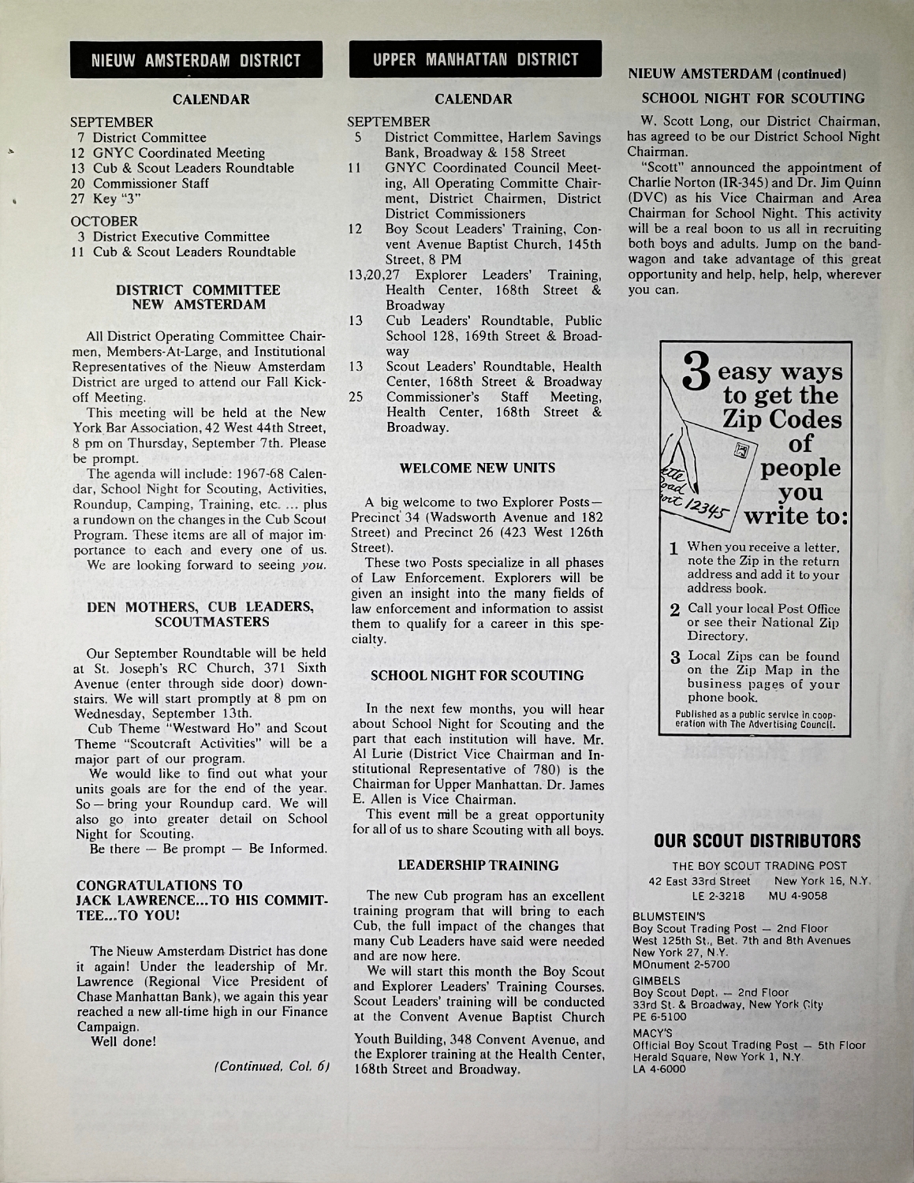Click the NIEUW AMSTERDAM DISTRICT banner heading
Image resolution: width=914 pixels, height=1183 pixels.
[x=196, y=60]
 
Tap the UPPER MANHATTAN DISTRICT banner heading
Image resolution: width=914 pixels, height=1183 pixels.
[x=476, y=59]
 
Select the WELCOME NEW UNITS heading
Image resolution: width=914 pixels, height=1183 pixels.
[x=477, y=468]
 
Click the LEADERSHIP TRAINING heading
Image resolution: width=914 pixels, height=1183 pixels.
[x=478, y=865]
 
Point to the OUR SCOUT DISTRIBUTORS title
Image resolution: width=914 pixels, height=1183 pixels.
[x=757, y=842]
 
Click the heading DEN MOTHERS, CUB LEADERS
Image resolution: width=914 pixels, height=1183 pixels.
[x=200, y=606]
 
